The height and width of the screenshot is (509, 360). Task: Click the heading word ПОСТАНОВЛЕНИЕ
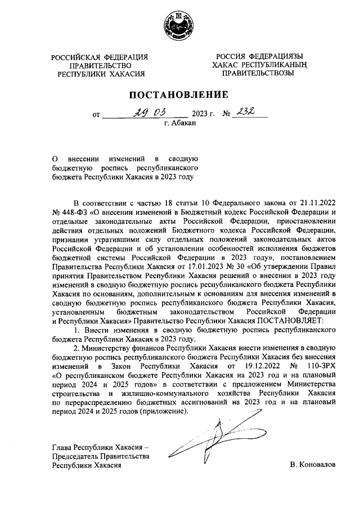180,94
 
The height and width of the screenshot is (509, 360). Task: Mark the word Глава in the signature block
62,448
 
